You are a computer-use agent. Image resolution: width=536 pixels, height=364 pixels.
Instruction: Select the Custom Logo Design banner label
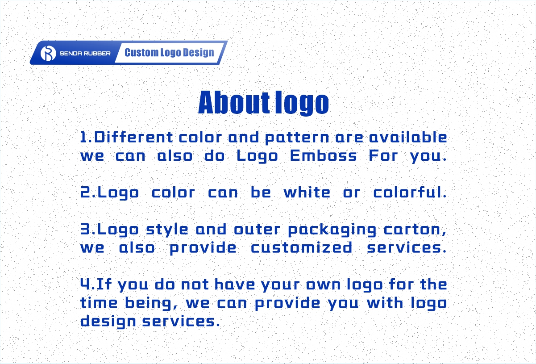point(169,53)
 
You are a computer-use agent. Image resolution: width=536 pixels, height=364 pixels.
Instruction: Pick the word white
point(307,192)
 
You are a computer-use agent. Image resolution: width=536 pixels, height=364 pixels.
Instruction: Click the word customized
point(301,248)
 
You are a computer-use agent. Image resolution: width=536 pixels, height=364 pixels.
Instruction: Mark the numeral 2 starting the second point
point(85,192)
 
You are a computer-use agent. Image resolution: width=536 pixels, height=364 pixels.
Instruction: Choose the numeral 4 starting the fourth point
point(85,285)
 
